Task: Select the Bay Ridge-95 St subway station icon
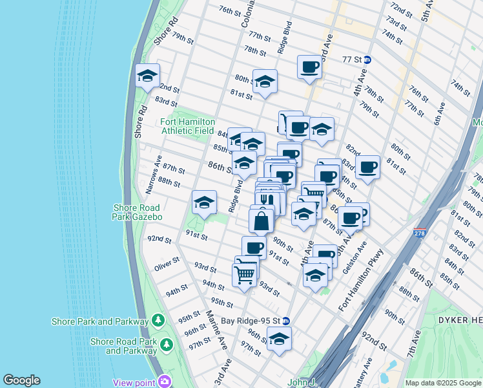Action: pos(285,321)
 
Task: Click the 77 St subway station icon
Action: pos(367,59)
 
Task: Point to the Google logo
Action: pos(21,380)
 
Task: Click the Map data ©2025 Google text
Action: pos(443,383)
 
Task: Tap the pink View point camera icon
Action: pos(165,382)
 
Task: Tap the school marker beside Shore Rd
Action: pos(147,76)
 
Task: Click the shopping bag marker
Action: pos(261,220)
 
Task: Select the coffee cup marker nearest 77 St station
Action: pos(309,67)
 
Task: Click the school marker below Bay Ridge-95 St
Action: pos(279,338)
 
